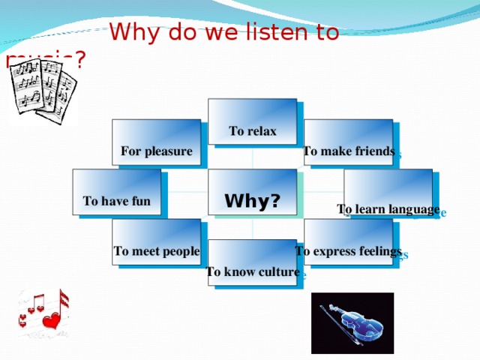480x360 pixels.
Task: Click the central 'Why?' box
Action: pos(253,192)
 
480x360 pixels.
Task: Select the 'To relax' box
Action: pos(253,121)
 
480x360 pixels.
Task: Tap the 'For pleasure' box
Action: pos(156,142)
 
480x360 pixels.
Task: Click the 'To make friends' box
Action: pos(348,142)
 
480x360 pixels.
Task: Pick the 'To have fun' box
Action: pos(116,192)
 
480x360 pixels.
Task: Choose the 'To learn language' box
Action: pos(388,192)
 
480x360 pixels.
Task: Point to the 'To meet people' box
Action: pos(156,241)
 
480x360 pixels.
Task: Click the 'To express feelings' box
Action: pos(348,241)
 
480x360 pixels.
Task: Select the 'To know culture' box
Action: pos(253,262)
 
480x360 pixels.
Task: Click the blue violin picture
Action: pos(352,322)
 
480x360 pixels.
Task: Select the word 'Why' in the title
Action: pos(133,34)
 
